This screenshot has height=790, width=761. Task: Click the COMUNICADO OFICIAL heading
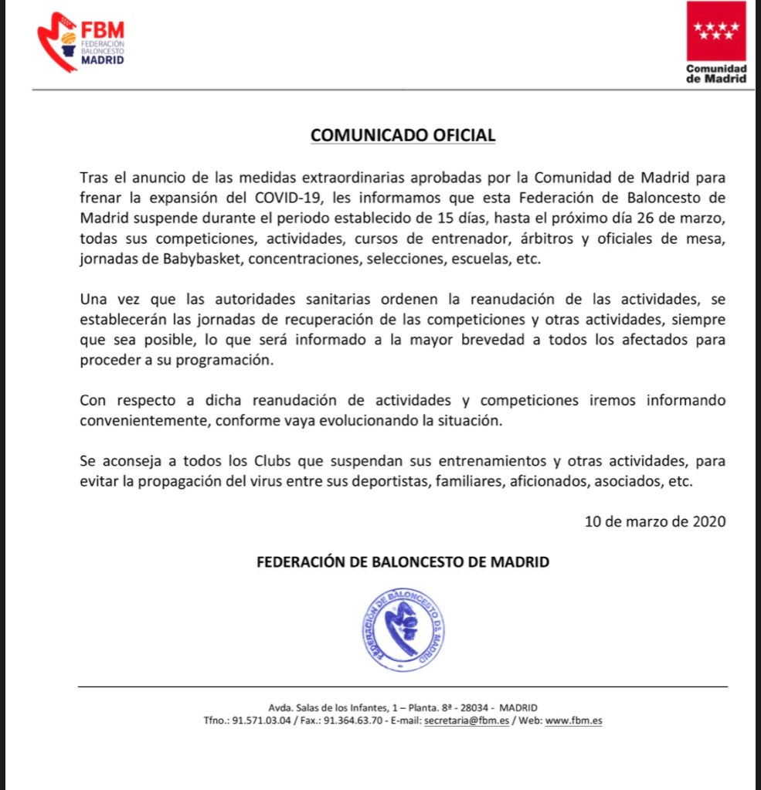(403, 135)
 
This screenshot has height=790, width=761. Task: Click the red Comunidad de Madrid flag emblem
(716, 32)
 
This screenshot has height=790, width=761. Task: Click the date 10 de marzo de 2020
(655, 520)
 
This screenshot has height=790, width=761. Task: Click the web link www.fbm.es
(574, 720)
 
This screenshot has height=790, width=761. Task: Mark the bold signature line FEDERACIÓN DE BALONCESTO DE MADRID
(403, 562)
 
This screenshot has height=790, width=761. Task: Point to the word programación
(231, 361)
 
